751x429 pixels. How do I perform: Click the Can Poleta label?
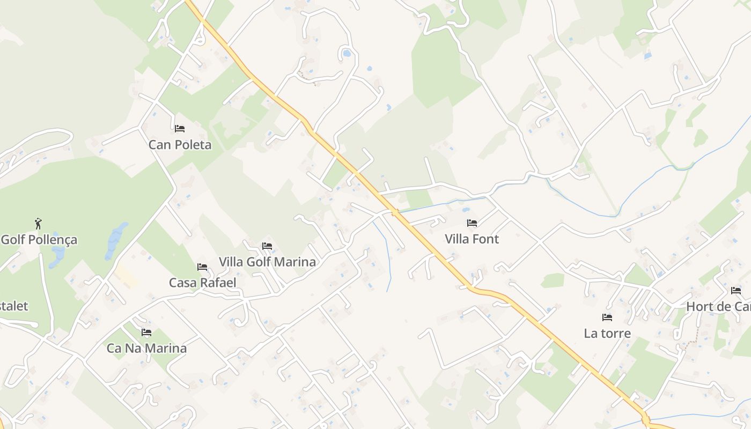(x=180, y=145)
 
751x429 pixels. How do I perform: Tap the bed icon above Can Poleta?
(x=180, y=129)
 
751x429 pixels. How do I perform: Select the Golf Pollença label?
(x=39, y=240)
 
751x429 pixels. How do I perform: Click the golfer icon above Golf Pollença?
(x=38, y=223)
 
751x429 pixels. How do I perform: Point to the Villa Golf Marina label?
(x=267, y=262)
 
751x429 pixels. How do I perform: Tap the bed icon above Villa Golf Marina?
(x=267, y=246)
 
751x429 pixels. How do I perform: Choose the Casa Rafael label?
(x=202, y=283)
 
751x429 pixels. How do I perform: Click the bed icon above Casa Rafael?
(x=202, y=267)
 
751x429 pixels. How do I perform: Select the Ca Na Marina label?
(x=146, y=348)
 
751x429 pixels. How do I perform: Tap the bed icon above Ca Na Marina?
(x=146, y=332)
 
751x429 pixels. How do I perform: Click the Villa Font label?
(x=472, y=239)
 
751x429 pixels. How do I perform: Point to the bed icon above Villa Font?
(x=472, y=223)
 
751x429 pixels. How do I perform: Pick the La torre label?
(x=607, y=334)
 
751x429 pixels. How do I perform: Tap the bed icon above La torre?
(x=607, y=317)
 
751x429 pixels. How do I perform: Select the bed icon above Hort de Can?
(x=736, y=291)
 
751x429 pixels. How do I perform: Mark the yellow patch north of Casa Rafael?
(x=124, y=274)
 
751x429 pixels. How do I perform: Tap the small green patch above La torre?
(x=553, y=280)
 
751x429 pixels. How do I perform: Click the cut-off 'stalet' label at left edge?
(x=14, y=306)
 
